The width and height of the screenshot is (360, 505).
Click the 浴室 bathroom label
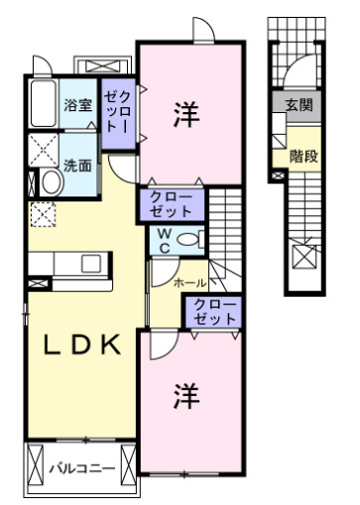77,103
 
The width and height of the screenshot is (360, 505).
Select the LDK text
82,344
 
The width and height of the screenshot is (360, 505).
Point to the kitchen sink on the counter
90,264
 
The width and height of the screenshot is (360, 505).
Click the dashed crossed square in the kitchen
43,213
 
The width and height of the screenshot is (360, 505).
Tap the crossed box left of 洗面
43,152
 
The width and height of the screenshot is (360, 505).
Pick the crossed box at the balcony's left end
35,466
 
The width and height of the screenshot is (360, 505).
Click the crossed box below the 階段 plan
304,261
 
